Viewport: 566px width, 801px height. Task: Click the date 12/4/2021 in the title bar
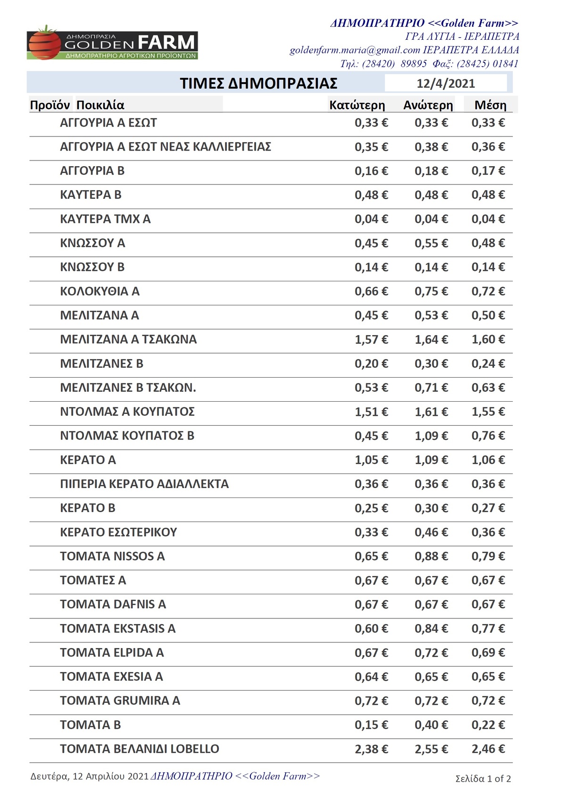[445, 84]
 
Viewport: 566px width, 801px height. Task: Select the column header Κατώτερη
[357, 105]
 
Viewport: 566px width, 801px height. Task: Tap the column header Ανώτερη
[428, 105]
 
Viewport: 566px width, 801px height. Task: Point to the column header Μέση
[490, 105]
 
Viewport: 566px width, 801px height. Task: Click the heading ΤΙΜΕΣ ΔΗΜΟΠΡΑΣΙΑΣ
[258, 84]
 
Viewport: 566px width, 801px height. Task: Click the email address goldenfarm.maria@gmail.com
[355, 50]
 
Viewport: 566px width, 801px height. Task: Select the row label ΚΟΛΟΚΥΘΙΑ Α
[100, 291]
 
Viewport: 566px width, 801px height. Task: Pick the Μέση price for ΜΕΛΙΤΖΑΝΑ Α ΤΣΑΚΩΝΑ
[488, 339]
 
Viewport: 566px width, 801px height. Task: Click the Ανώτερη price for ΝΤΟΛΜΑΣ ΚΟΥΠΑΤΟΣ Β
[431, 436]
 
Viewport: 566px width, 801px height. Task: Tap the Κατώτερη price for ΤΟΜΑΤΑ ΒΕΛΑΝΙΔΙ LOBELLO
[371, 749]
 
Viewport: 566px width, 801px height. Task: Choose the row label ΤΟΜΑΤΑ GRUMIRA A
[120, 700]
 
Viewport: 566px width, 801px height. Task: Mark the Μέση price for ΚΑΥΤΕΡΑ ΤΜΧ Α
[488, 219]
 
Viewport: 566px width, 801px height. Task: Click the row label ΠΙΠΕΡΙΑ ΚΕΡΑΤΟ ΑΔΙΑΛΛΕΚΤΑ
[144, 484]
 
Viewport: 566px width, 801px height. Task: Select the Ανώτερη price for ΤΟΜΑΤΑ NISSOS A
[431, 556]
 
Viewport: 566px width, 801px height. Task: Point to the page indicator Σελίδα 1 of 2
[483, 778]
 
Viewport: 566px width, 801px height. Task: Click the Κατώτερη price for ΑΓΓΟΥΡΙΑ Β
[371, 171]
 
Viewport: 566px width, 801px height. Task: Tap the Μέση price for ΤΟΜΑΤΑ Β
[488, 725]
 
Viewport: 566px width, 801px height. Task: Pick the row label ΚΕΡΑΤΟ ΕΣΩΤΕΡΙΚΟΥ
[118, 532]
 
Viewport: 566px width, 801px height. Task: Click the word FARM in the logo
[166, 42]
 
